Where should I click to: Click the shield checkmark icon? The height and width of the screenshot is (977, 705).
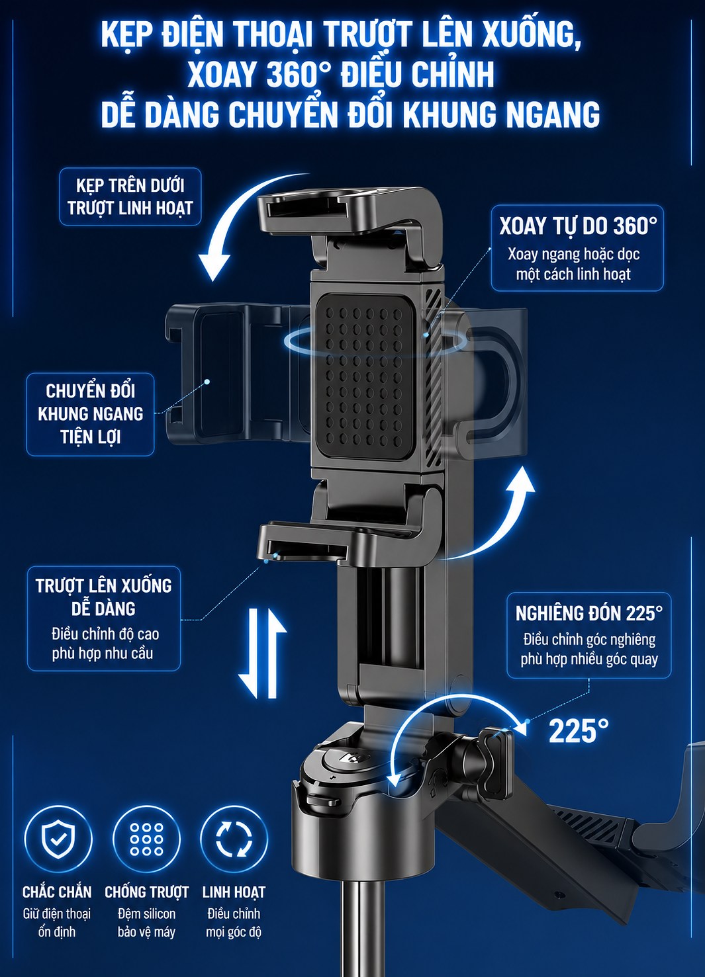tap(58, 839)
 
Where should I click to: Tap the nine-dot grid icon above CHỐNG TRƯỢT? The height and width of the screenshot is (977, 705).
tap(147, 839)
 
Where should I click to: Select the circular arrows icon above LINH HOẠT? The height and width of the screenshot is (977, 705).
tap(234, 839)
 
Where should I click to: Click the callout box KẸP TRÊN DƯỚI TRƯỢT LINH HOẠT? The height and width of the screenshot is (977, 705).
tap(130, 196)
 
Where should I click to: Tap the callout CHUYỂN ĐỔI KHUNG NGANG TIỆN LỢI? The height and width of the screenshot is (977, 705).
tap(91, 414)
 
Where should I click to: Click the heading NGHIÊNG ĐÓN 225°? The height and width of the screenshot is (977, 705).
tap(589, 614)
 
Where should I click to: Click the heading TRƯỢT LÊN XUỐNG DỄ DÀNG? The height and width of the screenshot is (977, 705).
tap(103, 597)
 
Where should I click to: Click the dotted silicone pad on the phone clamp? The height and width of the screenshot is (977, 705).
tap(365, 377)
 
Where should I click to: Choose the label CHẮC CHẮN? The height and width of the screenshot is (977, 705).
tap(57, 892)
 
